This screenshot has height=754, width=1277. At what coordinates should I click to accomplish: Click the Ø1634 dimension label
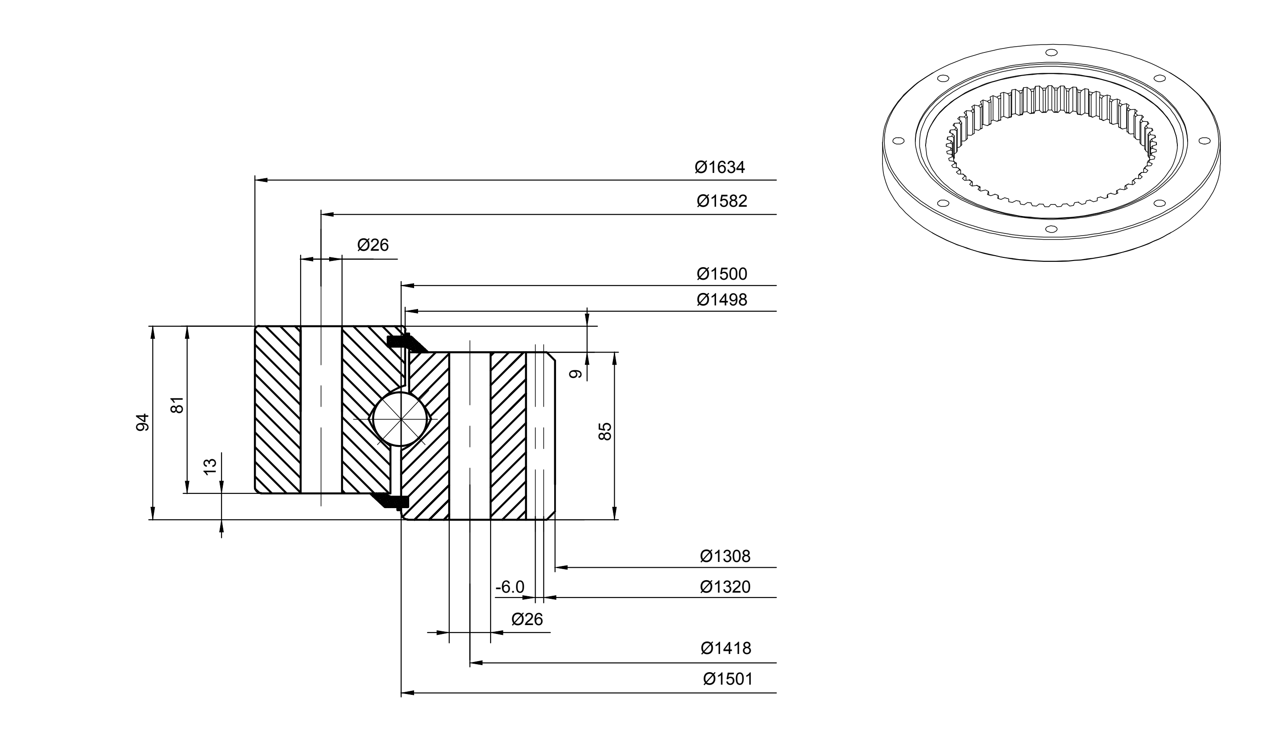click(720, 167)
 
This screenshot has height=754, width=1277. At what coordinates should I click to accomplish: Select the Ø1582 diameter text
click(722, 201)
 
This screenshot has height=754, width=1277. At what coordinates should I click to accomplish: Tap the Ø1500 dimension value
click(722, 274)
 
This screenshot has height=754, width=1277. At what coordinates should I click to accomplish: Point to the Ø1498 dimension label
click(722, 300)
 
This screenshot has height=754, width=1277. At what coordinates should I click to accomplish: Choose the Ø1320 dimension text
click(725, 587)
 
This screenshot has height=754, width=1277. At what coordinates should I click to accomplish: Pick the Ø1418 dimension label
click(726, 648)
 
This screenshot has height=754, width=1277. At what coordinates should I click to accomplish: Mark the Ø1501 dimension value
click(728, 679)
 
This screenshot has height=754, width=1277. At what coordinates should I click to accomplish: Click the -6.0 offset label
click(510, 587)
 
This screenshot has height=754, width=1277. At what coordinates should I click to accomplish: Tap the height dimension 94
click(143, 423)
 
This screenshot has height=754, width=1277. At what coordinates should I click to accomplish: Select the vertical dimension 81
click(177, 405)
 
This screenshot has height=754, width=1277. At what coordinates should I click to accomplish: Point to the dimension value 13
click(210, 466)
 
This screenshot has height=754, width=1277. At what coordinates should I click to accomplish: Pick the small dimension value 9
click(576, 374)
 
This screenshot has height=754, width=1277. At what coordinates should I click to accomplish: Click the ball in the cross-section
click(401, 419)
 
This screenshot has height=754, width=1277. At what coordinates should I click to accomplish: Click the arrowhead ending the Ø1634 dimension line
click(261, 180)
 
